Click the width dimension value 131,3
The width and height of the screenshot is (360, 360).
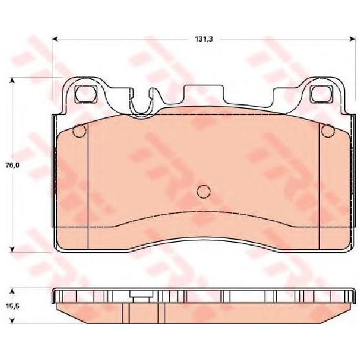click(x=204, y=39)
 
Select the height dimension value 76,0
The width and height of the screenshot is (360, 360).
click(x=12, y=165)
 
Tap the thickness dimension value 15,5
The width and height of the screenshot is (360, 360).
click(x=12, y=306)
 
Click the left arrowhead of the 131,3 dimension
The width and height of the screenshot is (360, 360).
click(x=55, y=39)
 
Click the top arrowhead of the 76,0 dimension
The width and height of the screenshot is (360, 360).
click(x=12, y=80)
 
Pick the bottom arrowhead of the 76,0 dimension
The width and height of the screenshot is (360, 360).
click(x=12, y=250)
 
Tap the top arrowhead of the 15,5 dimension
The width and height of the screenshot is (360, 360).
click(x=12, y=292)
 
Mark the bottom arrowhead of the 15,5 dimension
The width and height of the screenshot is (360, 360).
click(x=12, y=321)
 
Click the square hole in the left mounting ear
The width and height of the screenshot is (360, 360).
click(x=85, y=94)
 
